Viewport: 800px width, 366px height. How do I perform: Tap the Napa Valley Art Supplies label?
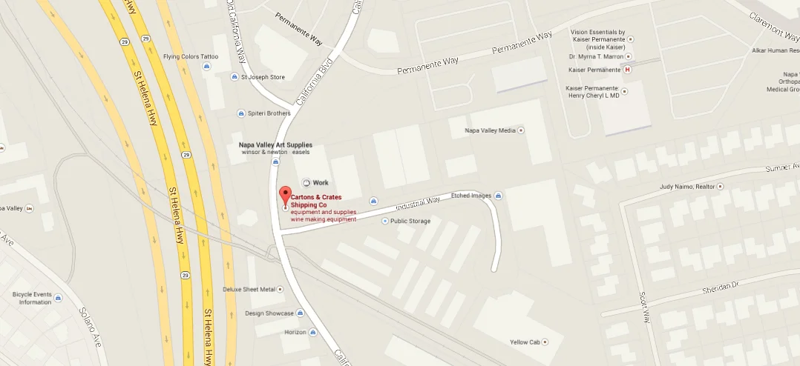[x=275, y=145]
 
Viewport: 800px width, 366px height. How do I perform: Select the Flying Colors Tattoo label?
[x=191, y=56]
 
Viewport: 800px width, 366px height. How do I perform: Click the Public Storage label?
[x=410, y=221]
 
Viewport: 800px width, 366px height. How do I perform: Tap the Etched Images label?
[x=471, y=196]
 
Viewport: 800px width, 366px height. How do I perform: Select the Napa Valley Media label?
[x=490, y=130]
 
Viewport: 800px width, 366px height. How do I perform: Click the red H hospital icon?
[x=628, y=70]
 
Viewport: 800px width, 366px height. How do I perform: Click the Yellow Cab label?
[x=524, y=342]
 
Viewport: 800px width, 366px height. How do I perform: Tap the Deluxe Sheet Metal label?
[x=249, y=289]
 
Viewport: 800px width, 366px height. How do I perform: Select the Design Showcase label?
[x=269, y=313]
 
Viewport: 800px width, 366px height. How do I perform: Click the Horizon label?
[x=295, y=332]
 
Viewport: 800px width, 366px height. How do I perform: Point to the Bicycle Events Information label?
[x=32, y=298]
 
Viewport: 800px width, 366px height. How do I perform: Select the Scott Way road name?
[x=645, y=307]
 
